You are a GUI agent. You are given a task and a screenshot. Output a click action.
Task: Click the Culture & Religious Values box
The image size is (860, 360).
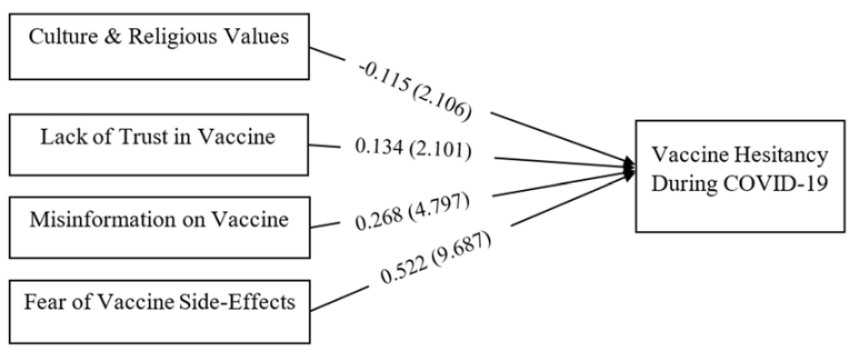coord(159,46)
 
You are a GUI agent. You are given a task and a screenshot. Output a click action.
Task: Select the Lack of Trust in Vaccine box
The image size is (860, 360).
coord(158,145)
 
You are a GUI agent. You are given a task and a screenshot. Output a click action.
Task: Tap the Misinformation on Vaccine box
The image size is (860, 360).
coord(159,227)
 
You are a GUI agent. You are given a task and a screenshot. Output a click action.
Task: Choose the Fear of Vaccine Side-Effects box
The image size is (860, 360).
coord(159,312)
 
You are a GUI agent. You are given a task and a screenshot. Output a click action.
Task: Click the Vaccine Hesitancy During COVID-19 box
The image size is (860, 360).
coord(740,176)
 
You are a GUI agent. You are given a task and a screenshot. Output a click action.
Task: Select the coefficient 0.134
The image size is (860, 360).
coord(379,147)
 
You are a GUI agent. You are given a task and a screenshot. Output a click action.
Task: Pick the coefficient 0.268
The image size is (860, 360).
coord(379,219)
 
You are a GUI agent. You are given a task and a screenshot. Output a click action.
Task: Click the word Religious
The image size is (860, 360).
coord(171,37)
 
